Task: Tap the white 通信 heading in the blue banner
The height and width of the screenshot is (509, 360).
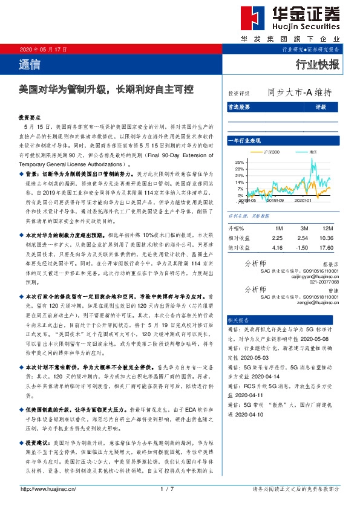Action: (x=30, y=65)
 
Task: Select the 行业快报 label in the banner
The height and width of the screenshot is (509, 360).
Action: (x=317, y=65)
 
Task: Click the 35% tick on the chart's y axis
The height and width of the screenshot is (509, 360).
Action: (x=240, y=162)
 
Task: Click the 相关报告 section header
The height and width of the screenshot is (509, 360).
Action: (x=237, y=319)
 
